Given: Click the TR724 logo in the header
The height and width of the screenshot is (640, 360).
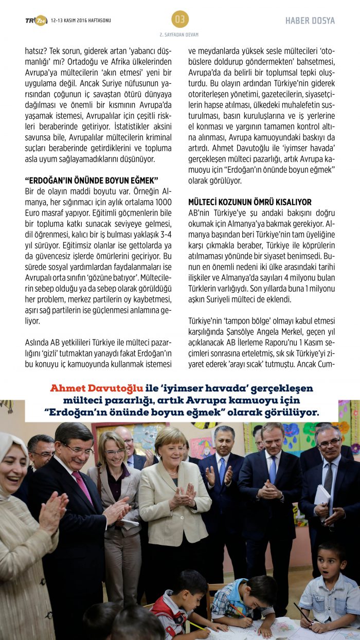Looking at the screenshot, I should (36, 20).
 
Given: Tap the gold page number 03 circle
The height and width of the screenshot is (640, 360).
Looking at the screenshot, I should (180, 19).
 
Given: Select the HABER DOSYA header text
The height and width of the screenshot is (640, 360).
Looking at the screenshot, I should (310, 21).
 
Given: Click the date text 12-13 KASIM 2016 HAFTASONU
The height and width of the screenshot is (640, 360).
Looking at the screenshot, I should (81, 21).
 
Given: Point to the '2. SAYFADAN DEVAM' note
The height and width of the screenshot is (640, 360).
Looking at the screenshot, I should (179, 34).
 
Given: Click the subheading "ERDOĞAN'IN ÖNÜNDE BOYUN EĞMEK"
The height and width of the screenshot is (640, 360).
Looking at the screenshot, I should (92, 180).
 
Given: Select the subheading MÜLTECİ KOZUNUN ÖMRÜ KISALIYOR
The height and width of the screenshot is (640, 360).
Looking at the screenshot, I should (250, 202).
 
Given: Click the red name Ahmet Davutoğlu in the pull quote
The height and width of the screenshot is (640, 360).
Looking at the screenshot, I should (93, 388).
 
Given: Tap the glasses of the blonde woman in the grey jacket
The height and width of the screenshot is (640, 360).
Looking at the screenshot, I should (114, 452).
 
